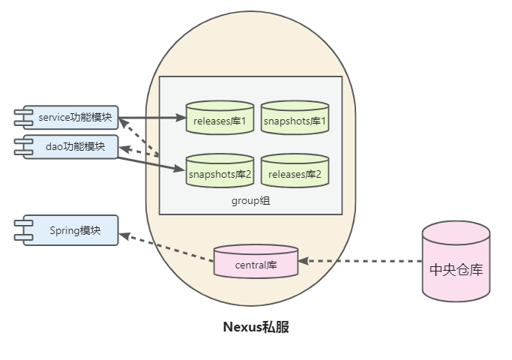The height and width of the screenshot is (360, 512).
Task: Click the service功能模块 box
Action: [x=71, y=117]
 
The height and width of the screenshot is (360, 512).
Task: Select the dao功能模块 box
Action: [x=71, y=147]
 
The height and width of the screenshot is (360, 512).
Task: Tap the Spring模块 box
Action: [x=71, y=230]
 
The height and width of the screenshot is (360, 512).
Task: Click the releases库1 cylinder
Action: [x=220, y=118]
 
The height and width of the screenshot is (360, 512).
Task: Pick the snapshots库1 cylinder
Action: [x=295, y=118]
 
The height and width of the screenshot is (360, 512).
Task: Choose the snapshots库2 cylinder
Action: [x=220, y=171]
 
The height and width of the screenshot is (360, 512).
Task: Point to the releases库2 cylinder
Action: [x=295, y=171]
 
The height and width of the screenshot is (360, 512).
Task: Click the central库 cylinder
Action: [x=256, y=261]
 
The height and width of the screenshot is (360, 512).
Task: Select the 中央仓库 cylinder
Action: [x=456, y=261]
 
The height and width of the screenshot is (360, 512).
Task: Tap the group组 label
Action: [x=251, y=200]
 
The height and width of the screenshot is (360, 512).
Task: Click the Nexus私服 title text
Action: [x=256, y=327]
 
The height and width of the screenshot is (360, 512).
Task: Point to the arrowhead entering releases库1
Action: [x=181, y=118]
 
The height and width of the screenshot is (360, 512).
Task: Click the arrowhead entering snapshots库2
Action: [x=180, y=169]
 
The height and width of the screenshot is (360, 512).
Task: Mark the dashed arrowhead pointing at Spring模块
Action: [x=124, y=235]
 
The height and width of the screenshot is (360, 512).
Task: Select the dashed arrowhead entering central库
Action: [x=304, y=261]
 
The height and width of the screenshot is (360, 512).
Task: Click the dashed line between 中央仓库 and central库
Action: [x=360, y=261]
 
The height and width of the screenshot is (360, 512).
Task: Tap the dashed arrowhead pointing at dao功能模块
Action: [x=125, y=149]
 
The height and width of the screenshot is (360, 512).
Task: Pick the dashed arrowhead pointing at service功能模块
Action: [x=123, y=123]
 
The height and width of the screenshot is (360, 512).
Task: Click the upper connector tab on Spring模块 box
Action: [x=23, y=223]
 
